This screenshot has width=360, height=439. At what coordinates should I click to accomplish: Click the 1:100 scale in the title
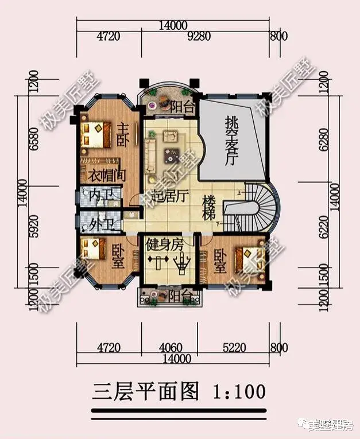(x=239, y=391)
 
